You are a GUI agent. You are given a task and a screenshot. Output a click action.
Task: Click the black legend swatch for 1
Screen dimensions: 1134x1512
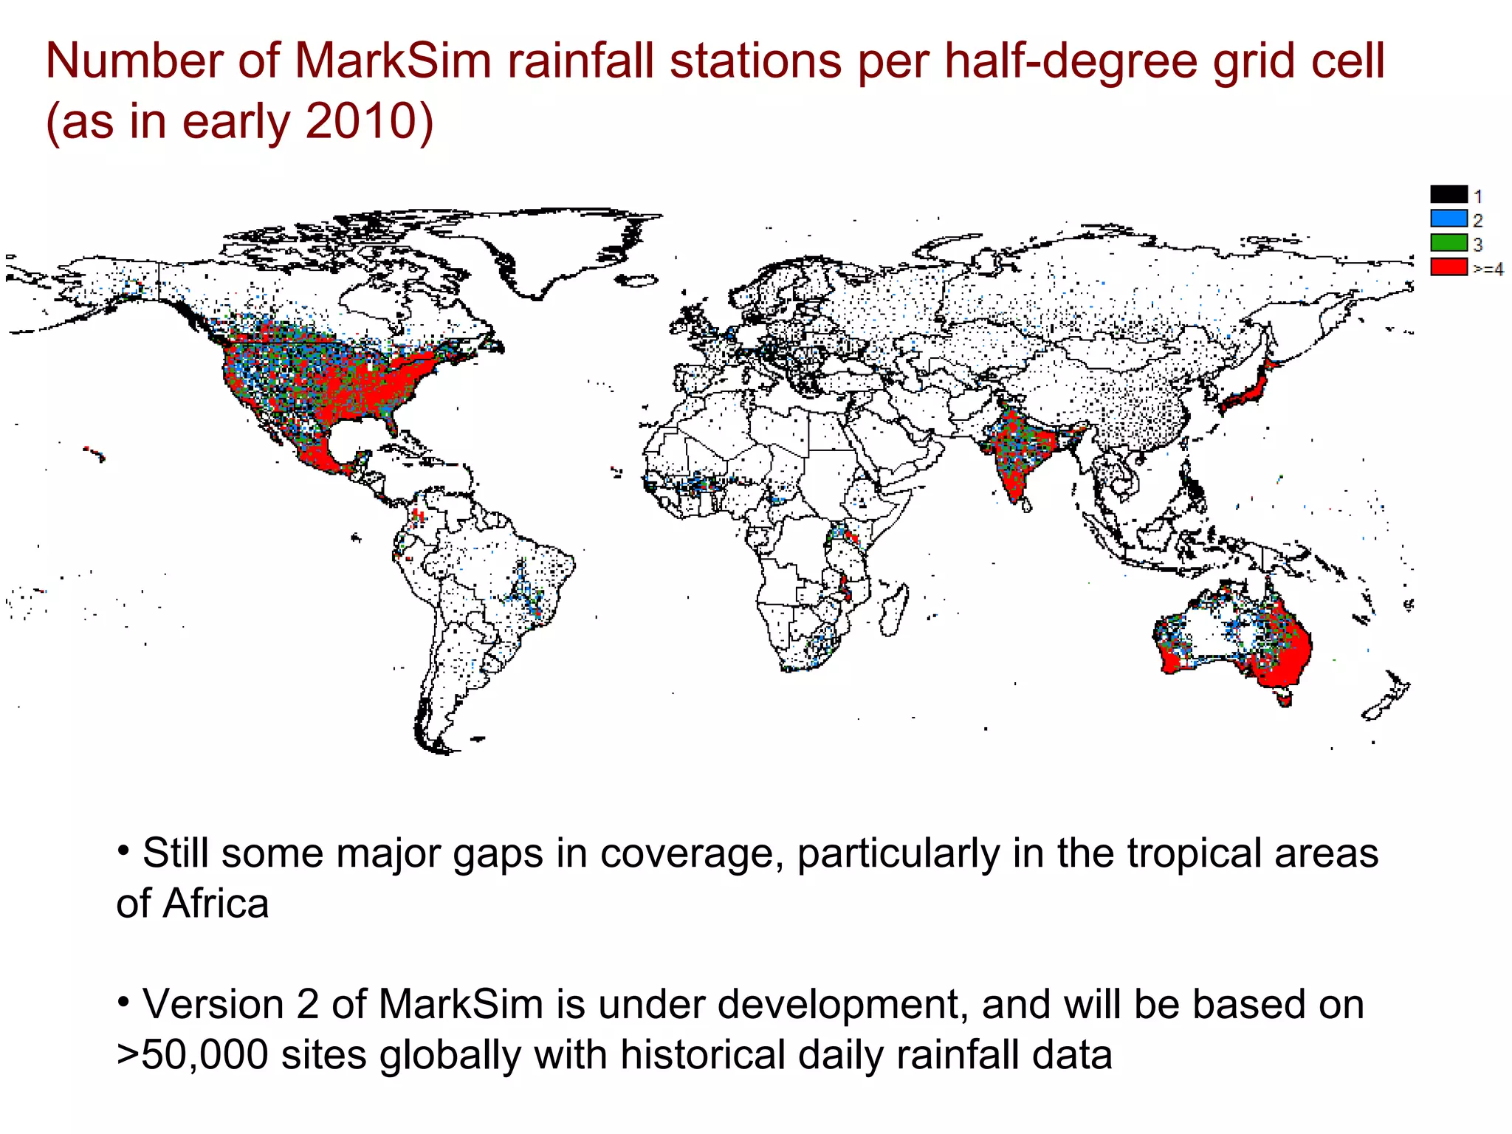1449,195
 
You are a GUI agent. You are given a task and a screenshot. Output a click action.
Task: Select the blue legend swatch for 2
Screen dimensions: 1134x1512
1449,219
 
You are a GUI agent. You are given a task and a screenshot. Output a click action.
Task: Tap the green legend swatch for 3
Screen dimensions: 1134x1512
1449,242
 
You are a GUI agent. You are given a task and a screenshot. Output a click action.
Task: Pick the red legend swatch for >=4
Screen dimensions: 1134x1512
1449,267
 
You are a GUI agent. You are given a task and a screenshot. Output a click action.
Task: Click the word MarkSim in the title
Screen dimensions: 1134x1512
393,61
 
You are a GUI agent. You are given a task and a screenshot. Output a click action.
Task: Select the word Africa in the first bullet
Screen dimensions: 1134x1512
216,904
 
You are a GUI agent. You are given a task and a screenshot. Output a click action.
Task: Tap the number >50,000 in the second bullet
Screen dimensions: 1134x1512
193,1054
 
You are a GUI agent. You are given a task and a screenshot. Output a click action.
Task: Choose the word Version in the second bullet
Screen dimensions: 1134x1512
213,1004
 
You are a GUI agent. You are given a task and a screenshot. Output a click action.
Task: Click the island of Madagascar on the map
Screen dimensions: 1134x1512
894,610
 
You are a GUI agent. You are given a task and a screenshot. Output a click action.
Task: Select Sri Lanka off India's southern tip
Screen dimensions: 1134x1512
1026,505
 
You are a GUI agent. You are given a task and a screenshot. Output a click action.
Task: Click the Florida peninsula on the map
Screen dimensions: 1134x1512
391,424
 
